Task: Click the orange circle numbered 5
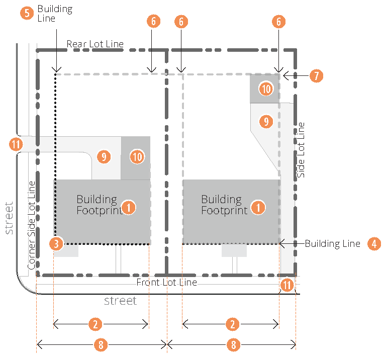pos(27,13)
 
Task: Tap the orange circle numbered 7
pos(316,76)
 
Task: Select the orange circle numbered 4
pos(373,244)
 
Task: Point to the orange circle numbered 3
pos(57,244)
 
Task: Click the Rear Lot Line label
pos(95,44)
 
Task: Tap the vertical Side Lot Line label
pos(301,150)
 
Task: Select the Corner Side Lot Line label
pos(32,225)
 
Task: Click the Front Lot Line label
pos(166,283)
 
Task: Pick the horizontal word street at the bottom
pos(120,301)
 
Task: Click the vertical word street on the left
pos(9,218)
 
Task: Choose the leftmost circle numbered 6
pos(154,22)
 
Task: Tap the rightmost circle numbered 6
pos(278,22)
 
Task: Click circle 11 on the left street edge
pos(16,145)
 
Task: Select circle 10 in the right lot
pos(266,89)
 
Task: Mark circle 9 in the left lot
pos(104,157)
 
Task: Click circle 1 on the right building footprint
pos(258,207)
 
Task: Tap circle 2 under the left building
pos(95,324)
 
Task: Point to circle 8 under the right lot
pos(232,344)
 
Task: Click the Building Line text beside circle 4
pos(332,244)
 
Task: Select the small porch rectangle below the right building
pos(234,250)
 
